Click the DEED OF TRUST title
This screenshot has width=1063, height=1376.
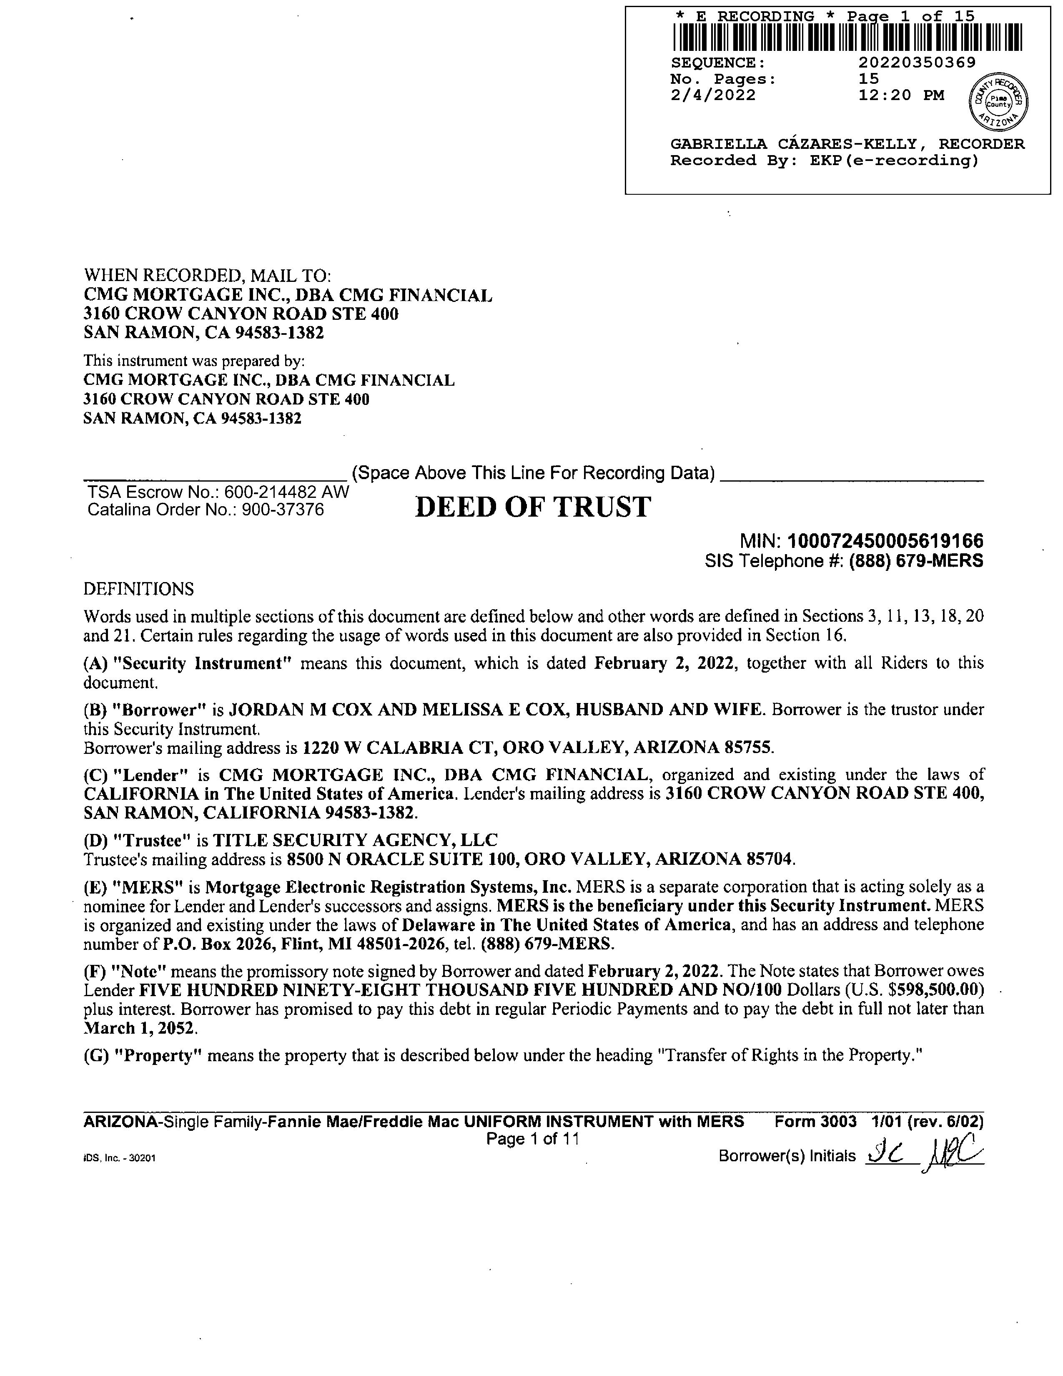point(533,507)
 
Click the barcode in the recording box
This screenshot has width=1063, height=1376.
point(847,38)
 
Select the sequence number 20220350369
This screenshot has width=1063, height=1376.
point(917,63)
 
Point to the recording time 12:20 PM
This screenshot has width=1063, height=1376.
point(901,95)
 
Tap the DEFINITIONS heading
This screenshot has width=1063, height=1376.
point(138,589)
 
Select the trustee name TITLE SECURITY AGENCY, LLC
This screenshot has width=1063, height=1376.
point(355,840)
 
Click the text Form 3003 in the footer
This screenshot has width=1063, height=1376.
point(815,1122)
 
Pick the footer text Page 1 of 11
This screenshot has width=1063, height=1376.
point(532,1138)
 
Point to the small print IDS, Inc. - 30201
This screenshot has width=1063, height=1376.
point(119,1158)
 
